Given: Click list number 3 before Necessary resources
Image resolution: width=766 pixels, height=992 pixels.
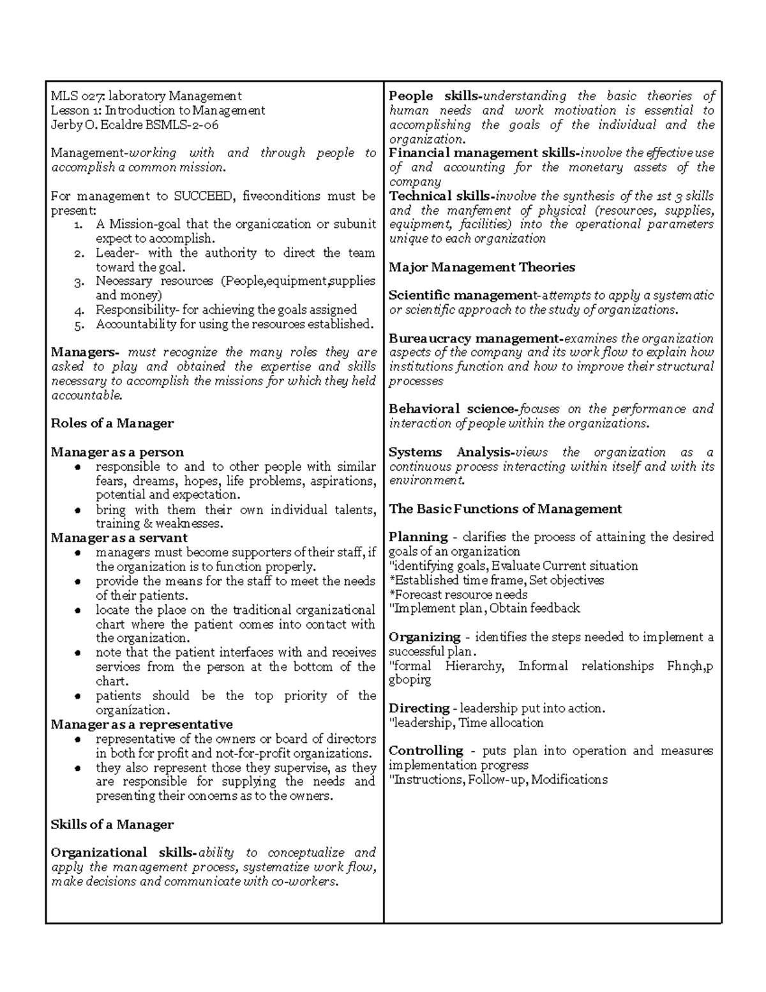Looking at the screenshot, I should click(79, 282).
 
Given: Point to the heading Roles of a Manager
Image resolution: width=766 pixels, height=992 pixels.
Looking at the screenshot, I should click(112, 424).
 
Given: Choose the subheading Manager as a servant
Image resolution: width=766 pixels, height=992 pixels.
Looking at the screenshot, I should click(119, 538).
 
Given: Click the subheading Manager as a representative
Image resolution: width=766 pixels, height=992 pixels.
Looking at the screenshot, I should click(142, 724).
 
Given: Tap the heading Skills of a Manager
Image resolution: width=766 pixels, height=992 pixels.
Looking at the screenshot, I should click(112, 825).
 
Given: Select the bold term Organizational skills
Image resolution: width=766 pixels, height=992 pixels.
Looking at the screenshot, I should click(124, 853).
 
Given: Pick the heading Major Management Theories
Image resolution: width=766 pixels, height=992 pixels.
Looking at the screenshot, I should click(481, 267).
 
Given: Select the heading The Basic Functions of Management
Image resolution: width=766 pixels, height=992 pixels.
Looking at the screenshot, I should click(505, 509).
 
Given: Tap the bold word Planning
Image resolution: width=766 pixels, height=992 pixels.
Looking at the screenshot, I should click(418, 537).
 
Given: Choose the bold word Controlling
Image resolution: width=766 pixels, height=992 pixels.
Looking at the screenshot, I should click(426, 751).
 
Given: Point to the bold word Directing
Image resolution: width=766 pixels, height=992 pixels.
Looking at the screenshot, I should click(419, 708).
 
